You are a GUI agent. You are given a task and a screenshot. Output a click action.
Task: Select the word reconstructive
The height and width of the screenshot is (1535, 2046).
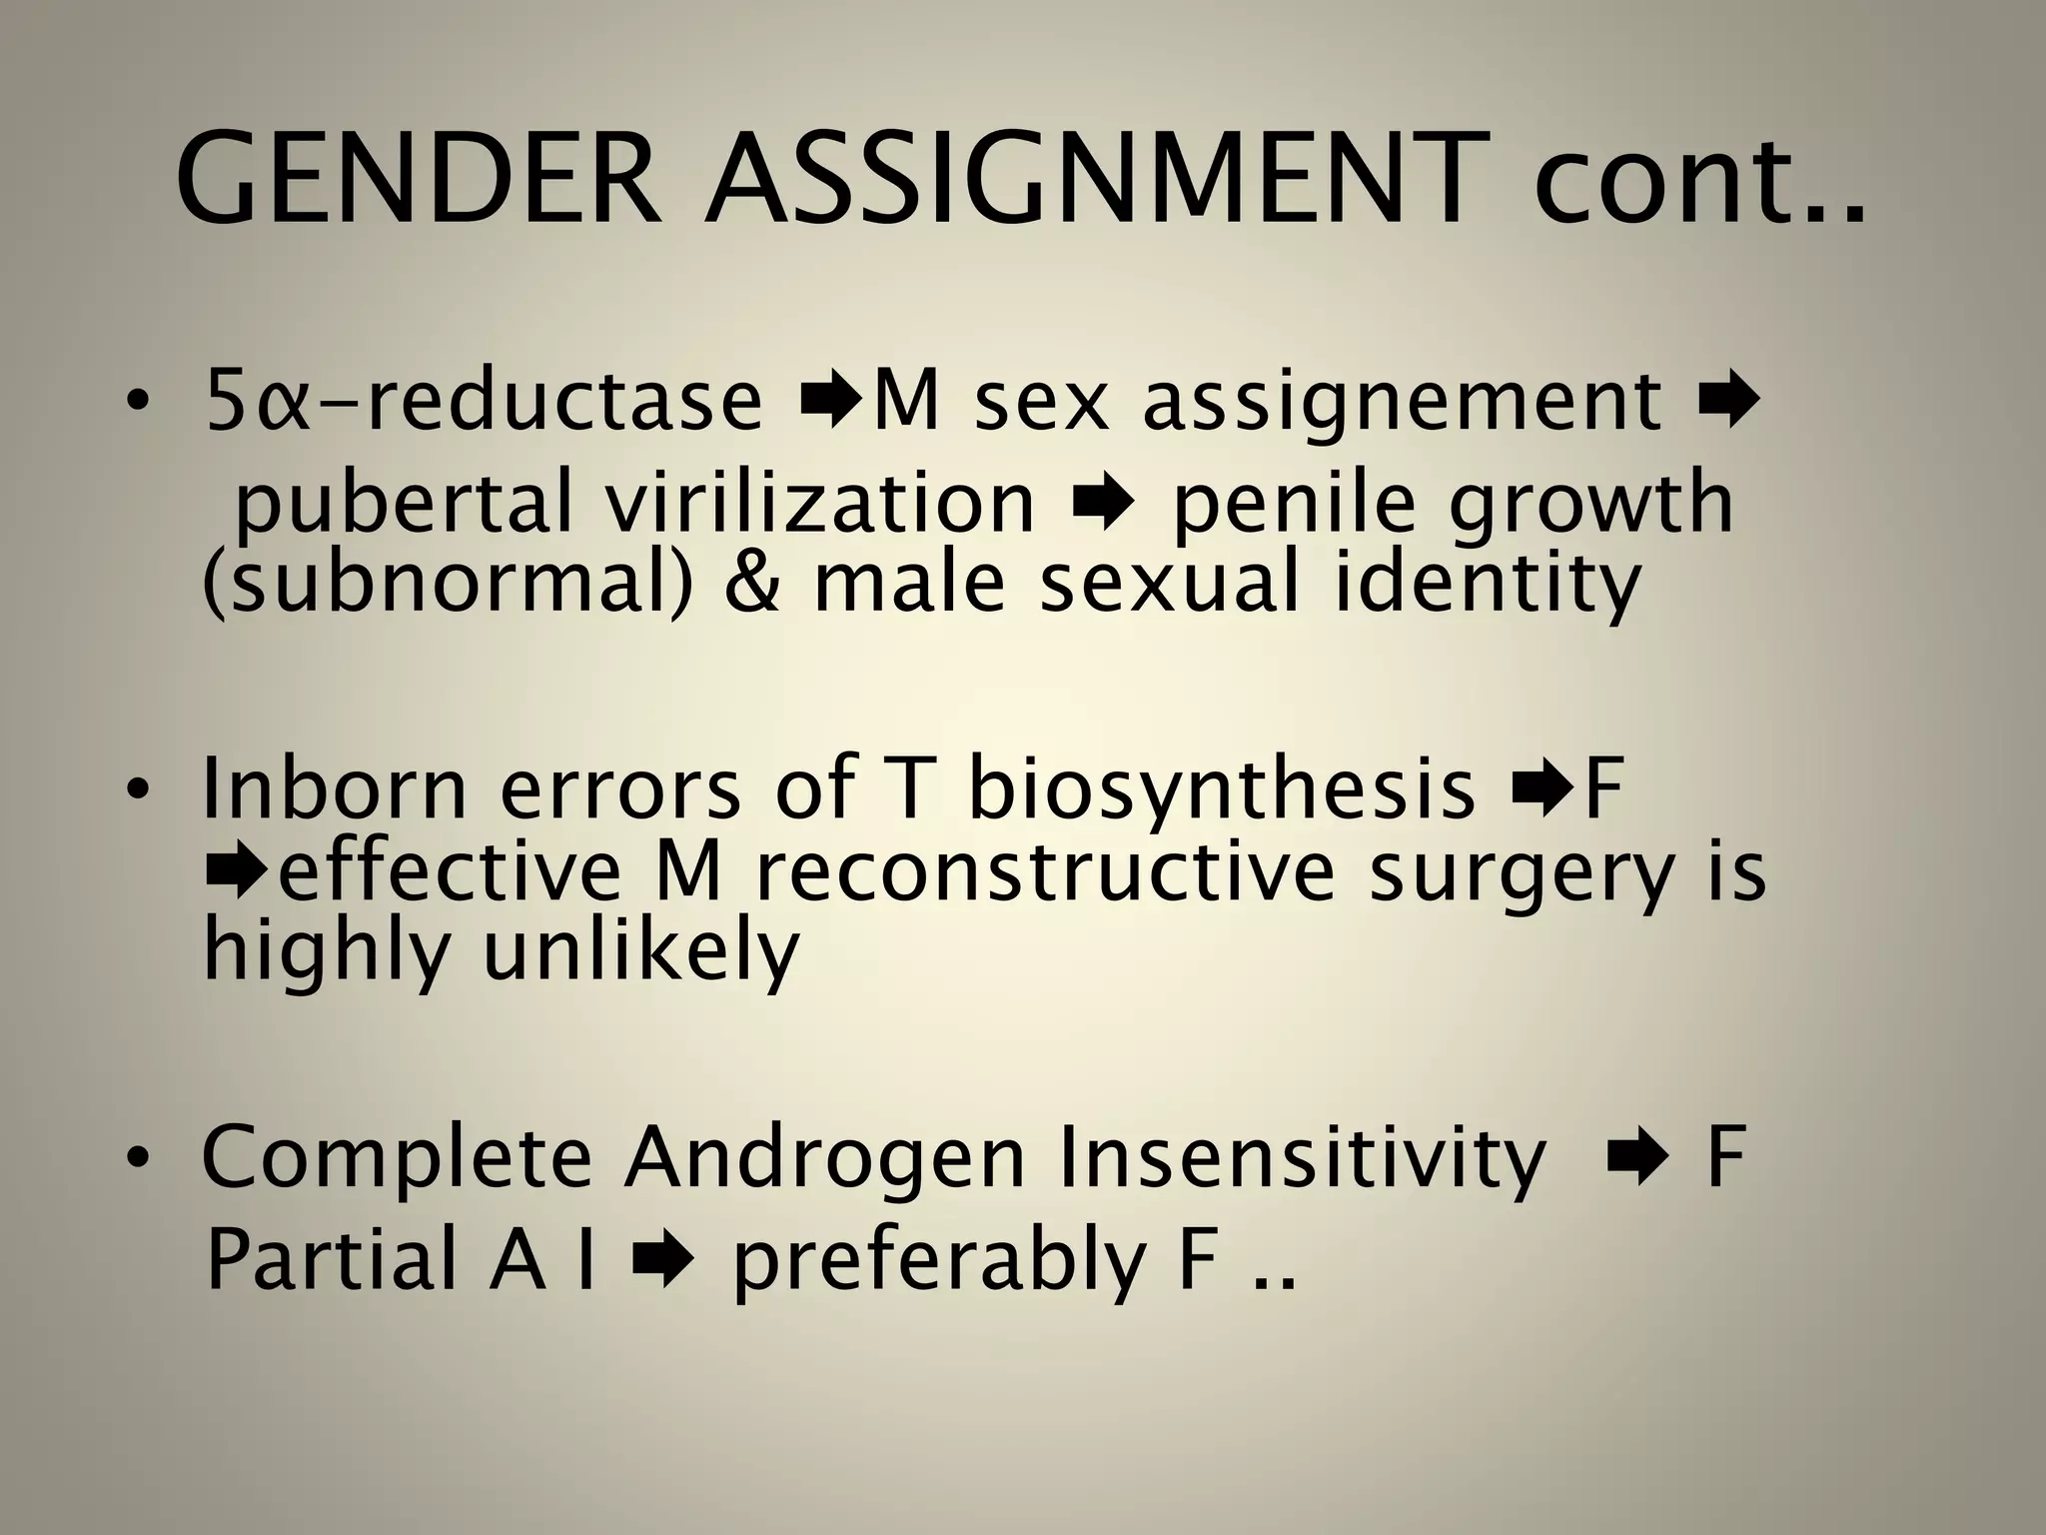pos(1044,871)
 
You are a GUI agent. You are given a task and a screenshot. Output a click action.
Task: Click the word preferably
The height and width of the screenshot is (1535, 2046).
pos(939,1261)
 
